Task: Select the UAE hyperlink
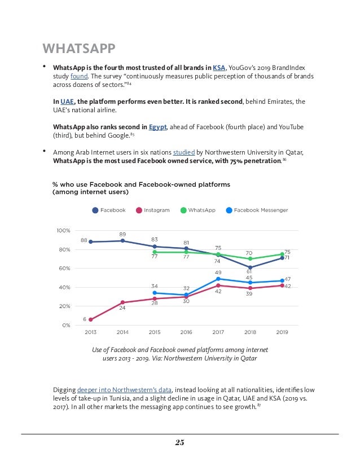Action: (x=67, y=102)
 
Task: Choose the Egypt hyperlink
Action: (x=158, y=127)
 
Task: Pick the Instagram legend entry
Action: (x=152, y=210)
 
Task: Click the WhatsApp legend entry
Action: (x=198, y=210)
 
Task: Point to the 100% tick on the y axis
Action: (x=63, y=231)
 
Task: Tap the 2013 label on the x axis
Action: (x=90, y=332)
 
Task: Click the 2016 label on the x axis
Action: (x=186, y=332)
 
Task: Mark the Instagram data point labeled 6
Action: (x=90, y=319)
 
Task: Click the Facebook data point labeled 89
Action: (x=122, y=241)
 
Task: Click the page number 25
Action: (x=179, y=442)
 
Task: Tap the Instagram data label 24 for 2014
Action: (x=122, y=309)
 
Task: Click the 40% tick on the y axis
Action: (x=64, y=288)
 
